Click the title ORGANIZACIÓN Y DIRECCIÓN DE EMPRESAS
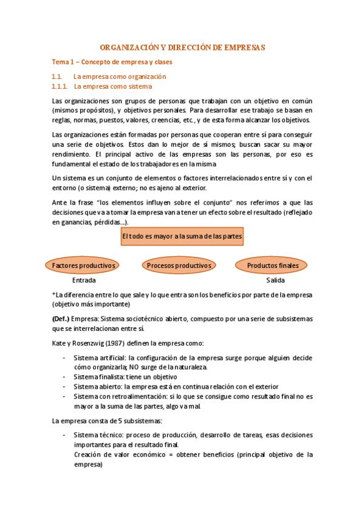[182, 47]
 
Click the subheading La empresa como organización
[119, 77]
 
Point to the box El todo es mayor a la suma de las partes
[182, 236]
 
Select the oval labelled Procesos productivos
[179, 265]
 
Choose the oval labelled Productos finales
[273, 265]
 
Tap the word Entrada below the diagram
[84, 281]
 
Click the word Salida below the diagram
[275, 281]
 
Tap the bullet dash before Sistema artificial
[64, 358]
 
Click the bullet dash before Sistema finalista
[64, 377]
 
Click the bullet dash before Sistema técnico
[64, 435]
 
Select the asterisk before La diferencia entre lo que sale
[54, 295]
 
